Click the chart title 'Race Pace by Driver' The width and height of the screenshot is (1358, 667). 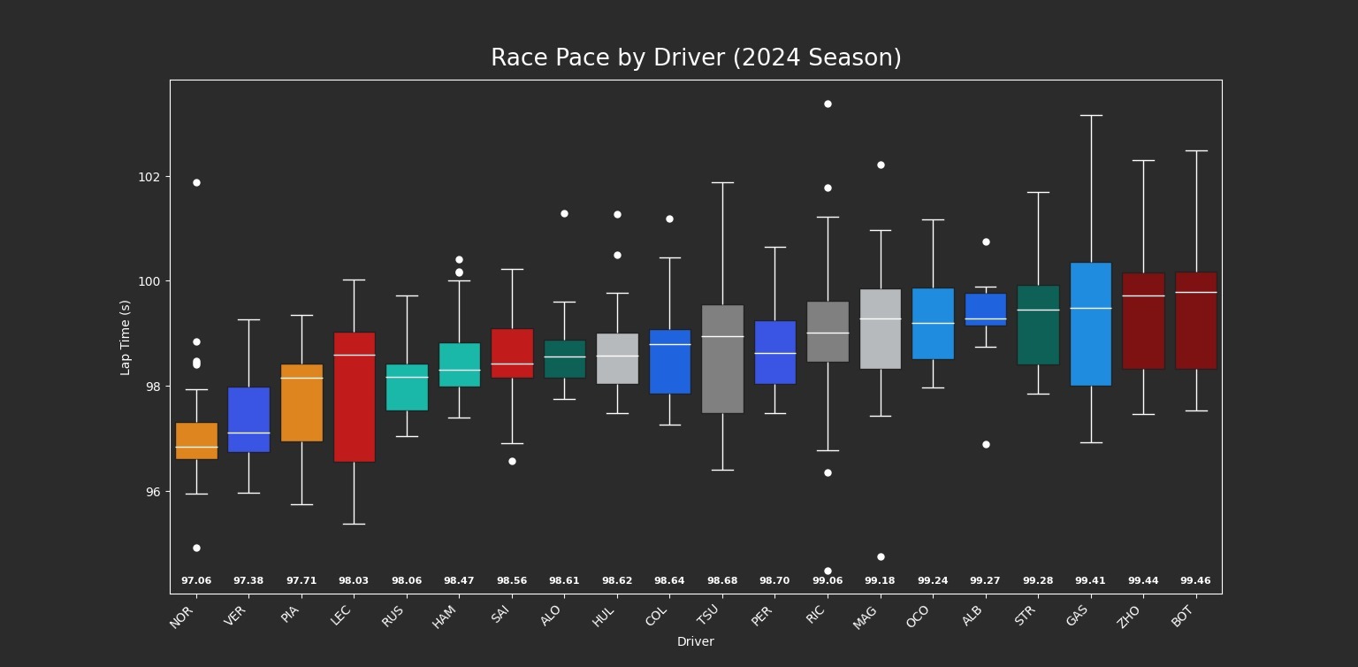tap(696, 58)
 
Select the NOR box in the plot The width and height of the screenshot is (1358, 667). tap(196, 441)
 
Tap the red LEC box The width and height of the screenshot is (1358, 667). tap(354, 397)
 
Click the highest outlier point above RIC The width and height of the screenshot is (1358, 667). tap(828, 104)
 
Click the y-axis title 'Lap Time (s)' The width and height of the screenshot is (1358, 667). tap(126, 337)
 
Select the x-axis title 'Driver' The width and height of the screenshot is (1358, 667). tap(695, 641)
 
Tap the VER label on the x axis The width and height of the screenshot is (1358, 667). tap(234, 617)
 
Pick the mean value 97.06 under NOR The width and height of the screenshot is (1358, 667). tap(196, 581)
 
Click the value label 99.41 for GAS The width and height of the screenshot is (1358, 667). tap(1090, 581)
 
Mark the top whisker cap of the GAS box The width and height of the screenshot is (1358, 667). tap(1091, 115)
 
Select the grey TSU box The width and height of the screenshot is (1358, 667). tap(722, 359)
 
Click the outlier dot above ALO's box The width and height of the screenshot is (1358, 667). tap(564, 213)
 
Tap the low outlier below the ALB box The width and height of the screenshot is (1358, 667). tap(986, 444)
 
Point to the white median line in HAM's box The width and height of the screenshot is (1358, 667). tap(459, 370)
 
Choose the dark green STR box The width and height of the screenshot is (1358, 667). tap(1038, 325)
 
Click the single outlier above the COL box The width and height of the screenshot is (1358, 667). tap(669, 218)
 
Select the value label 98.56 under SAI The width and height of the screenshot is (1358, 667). tap(512, 581)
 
